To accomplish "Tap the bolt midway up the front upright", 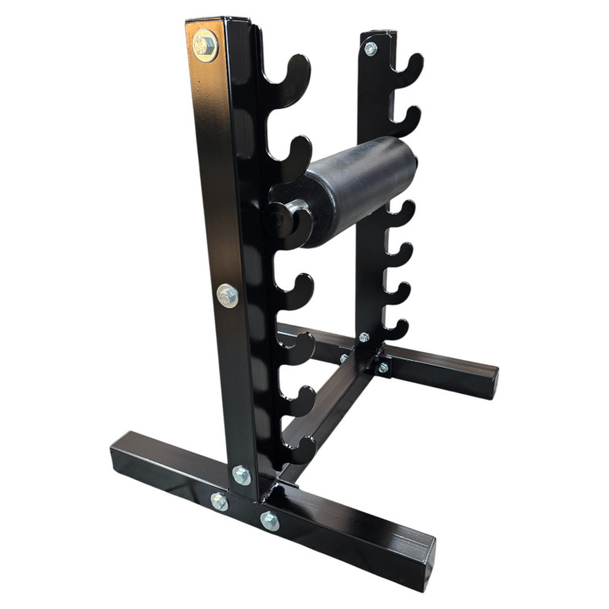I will point(227,295).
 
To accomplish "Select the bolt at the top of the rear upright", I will point(371,49).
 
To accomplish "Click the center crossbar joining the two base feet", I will point(327,415).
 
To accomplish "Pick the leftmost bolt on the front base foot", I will point(219,501).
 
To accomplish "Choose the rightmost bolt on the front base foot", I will point(269,521).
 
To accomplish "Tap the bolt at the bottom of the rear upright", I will point(364,337).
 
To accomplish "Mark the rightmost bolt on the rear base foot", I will point(383,368).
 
